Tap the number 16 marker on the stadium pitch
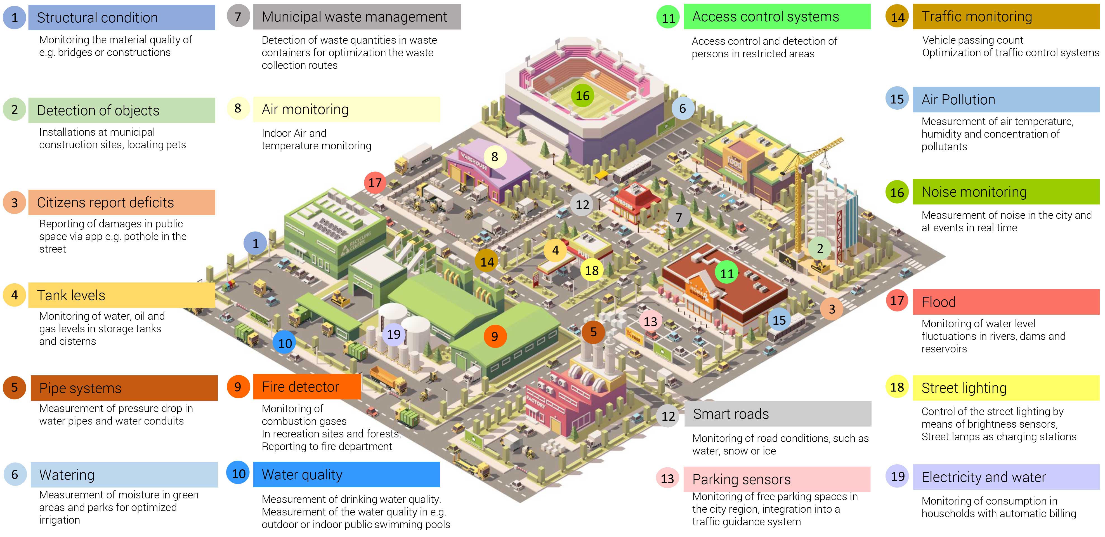click(x=582, y=96)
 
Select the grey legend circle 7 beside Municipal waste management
click(x=238, y=16)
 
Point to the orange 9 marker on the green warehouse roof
click(x=495, y=336)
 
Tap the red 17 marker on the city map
click(x=375, y=182)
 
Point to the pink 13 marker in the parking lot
click(x=650, y=321)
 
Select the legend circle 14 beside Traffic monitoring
click(x=897, y=17)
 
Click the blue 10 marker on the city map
click(x=285, y=343)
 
